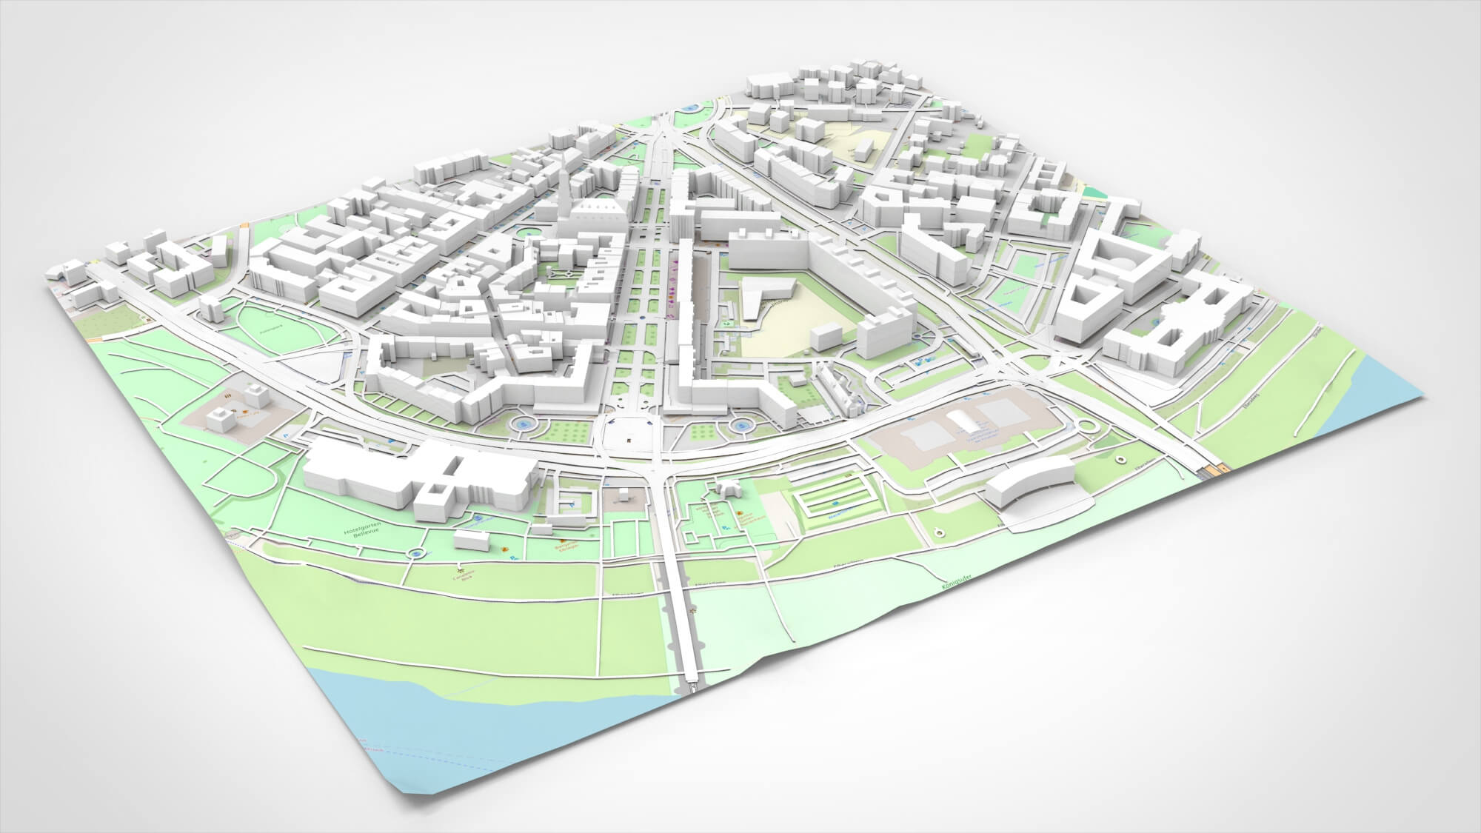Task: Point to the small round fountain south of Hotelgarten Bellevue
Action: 418,554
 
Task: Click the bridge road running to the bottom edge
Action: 686,629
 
